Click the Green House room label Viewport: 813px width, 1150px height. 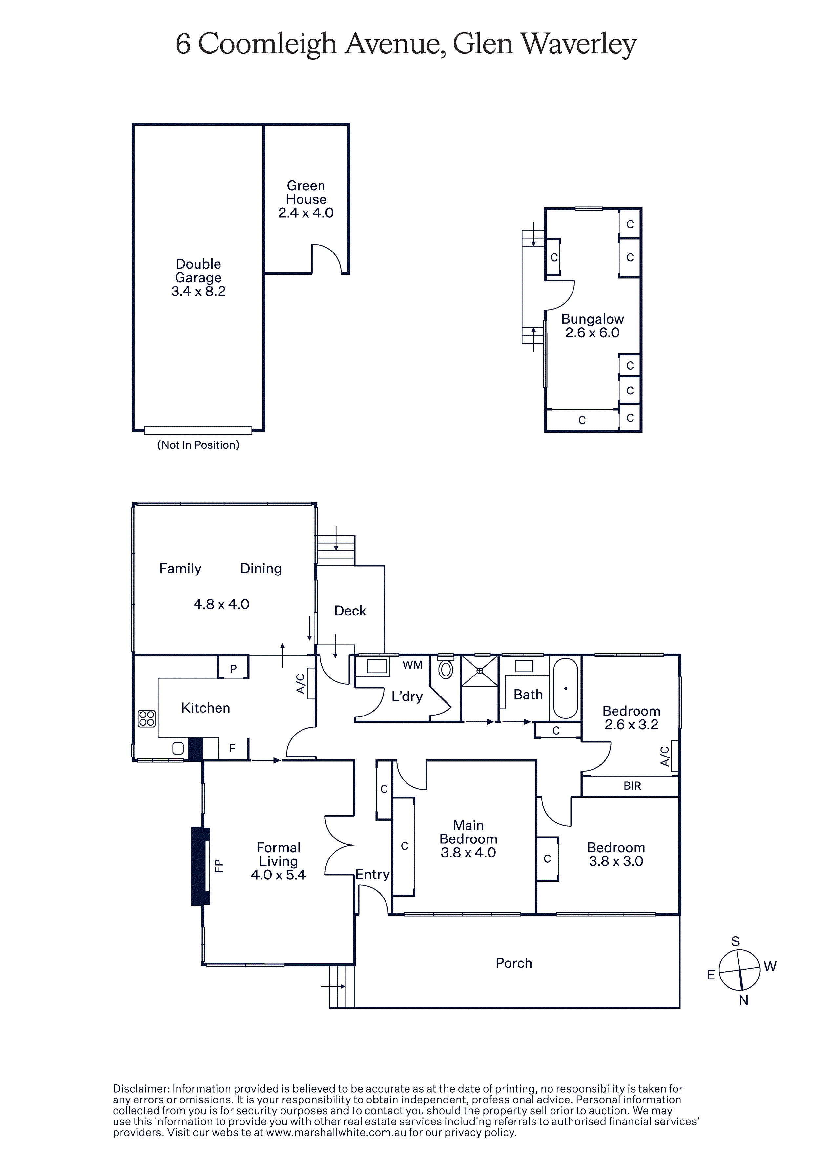[x=306, y=192]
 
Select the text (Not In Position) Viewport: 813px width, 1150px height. [x=198, y=445]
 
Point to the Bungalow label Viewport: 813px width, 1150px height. [x=593, y=319]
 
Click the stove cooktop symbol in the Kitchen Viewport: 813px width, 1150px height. [x=147, y=719]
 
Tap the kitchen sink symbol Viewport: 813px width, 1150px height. [x=178, y=748]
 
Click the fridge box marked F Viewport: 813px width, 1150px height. [x=233, y=748]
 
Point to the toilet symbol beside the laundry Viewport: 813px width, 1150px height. [x=446, y=669]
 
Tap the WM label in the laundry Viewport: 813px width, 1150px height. [x=412, y=665]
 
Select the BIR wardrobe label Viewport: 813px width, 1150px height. [x=632, y=786]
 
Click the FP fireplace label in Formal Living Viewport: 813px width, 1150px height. [x=219, y=866]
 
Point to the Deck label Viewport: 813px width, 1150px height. [x=350, y=611]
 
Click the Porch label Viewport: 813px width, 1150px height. [x=514, y=963]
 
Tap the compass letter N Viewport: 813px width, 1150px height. [x=743, y=1000]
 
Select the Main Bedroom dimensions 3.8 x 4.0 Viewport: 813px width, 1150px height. [x=468, y=853]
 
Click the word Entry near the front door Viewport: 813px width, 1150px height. [x=372, y=875]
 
